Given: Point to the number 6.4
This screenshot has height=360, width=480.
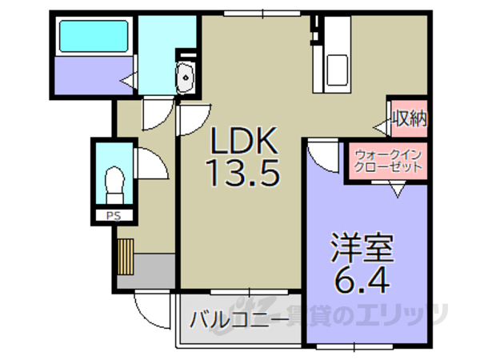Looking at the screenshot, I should pos(364,281).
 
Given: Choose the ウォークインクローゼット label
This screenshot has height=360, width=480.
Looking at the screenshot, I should pos(387,162).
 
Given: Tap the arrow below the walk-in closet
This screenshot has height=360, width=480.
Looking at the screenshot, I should pos(397,190).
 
